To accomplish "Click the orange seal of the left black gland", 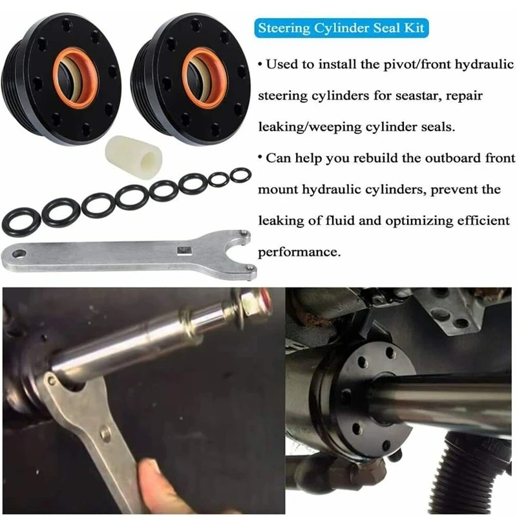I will [76, 78].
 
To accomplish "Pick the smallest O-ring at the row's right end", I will [240, 174].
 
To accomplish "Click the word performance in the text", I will [299, 251].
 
